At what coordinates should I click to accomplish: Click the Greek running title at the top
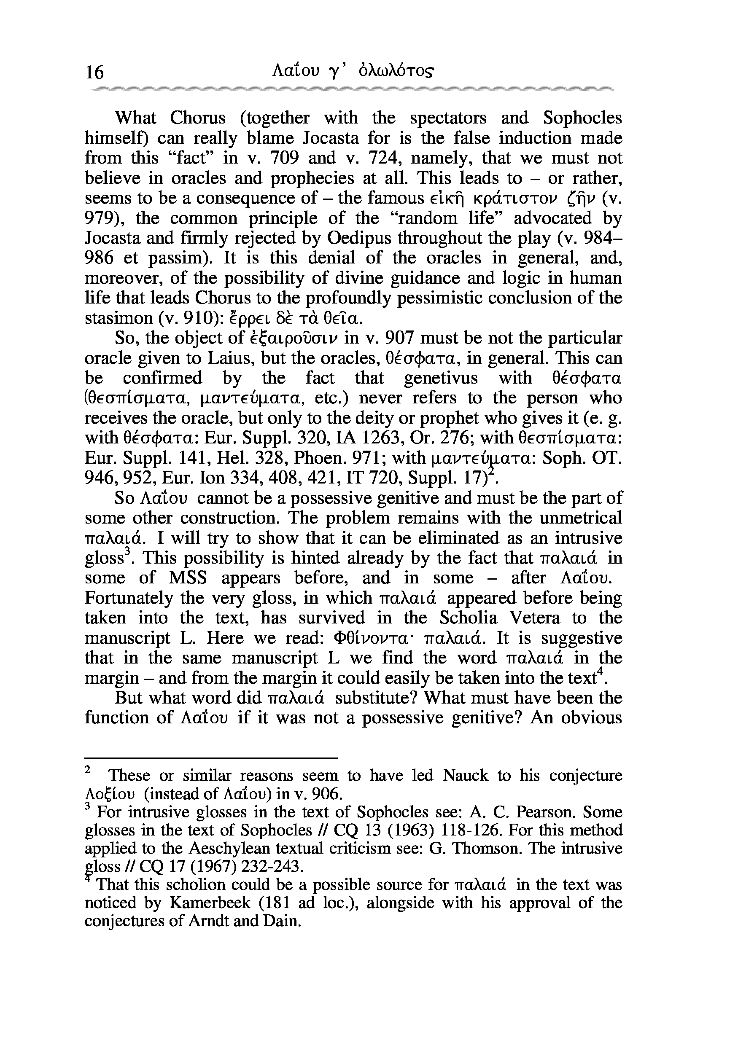click(353, 70)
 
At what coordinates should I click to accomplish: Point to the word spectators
click(448, 118)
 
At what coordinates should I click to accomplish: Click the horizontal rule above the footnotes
click(211, 758)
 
